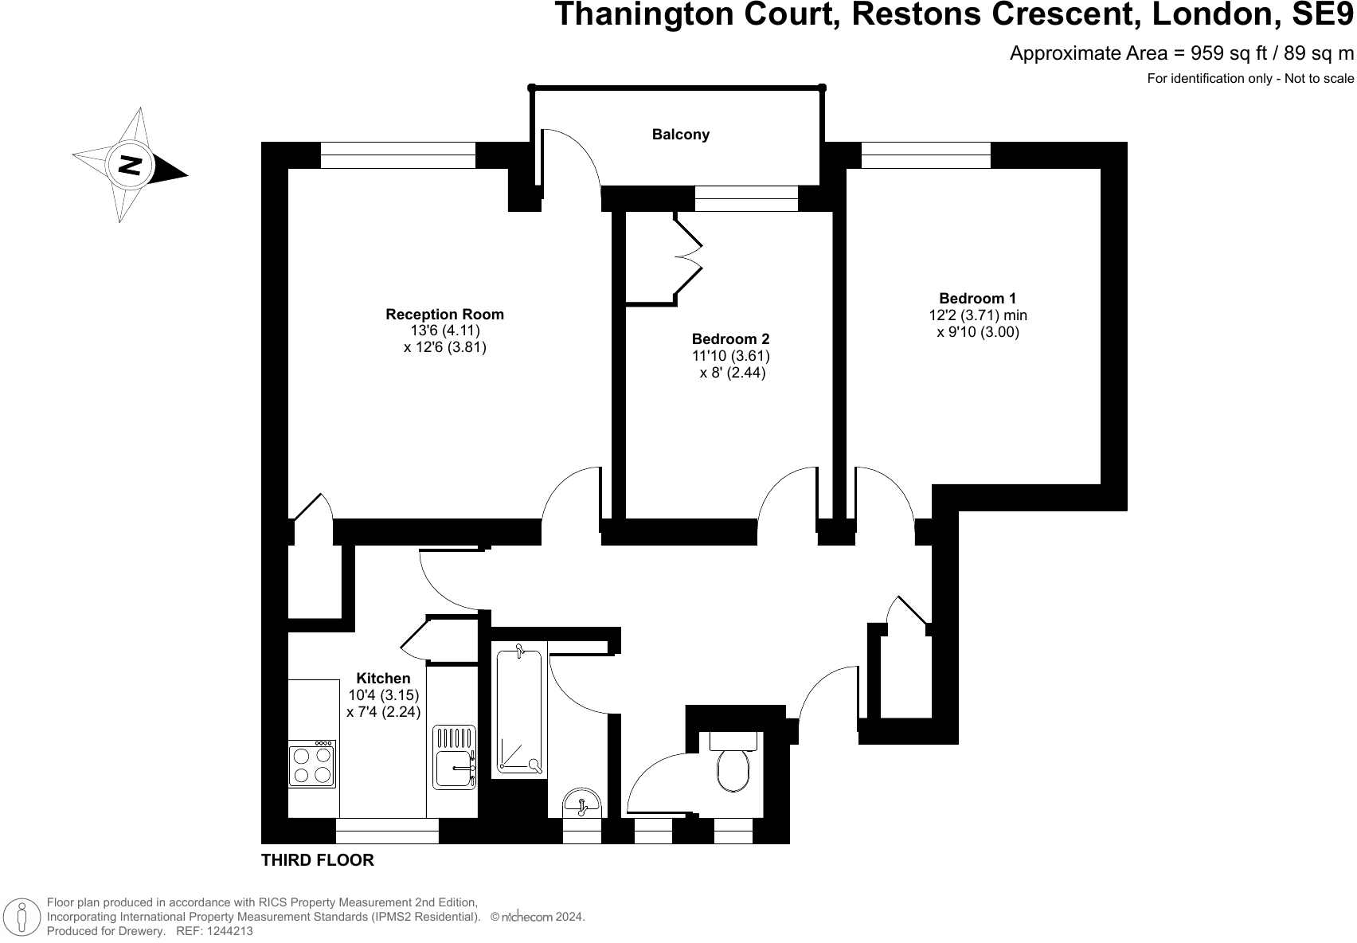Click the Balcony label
click(680, 135)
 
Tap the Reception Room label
click(444, 315)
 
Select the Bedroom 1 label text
click(977, 299)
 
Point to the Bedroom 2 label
click(730, 339)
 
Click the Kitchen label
click(383, 679)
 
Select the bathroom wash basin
click(581, 802)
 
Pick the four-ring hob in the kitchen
click(312, 765)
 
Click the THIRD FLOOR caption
click(317, 860)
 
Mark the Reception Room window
click(397, 155)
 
